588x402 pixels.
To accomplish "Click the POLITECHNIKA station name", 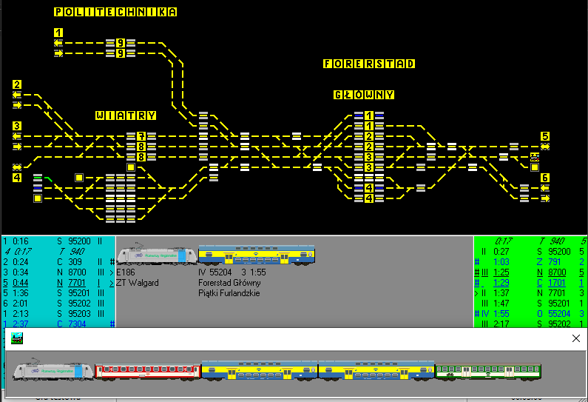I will pyautogui.click(x=115, y=12).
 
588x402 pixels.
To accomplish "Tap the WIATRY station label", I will pyautogui.click(x=125, y=115).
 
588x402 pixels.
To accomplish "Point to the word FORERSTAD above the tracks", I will pyautogui.click(x=368, y=64).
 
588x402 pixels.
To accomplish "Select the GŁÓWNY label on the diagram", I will pyautogui.click(x=363, y=95).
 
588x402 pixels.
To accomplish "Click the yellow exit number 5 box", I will pyautogui.click(x=545, y=136).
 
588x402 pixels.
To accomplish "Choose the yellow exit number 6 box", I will pyautogui.click(x=545, y=178).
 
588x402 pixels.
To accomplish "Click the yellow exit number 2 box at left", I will pyautogui.click(x=17, y=84).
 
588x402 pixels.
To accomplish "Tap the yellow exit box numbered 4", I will pyautogui.click(x=17, y=178).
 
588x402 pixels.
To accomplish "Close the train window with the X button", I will pyautogui.click(x=576, y=338).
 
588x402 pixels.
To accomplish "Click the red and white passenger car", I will pyautogui.click(x=148, y=371).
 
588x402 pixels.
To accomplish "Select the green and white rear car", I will pyautogui.click(x=487, y=371).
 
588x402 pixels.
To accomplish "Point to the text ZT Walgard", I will pyautogui.click(x=137, y=283).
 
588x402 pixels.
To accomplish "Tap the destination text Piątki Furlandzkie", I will pyautogui.click(x=229, y=293).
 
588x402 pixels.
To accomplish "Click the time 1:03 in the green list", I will pyautogui.click(x=503, y=262).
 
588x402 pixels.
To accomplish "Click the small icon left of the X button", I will pyautogui.click(x=16, y=338).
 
